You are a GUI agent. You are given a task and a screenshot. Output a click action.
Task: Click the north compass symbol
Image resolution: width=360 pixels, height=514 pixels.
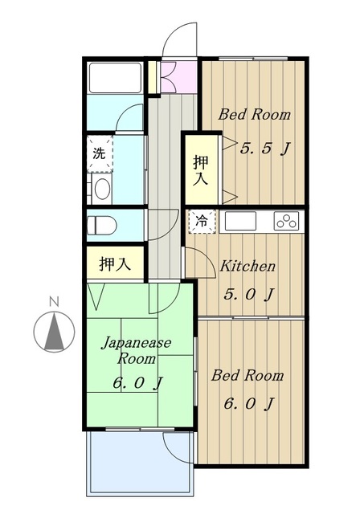pyautogui.click(x=54, y=332)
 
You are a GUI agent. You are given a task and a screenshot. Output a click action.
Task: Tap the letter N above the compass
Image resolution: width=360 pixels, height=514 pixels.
pyautogui.click(x=54, y=301)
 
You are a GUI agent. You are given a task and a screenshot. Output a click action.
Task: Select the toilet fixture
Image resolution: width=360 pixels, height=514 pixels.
pyautogui.click(x=101, y=225)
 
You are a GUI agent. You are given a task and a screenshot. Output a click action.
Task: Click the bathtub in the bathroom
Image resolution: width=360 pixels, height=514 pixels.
pyautogui.click(x=115, y=78)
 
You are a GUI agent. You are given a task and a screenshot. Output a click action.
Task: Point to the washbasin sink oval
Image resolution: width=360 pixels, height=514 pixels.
pyautogui.click(x=102, y=189)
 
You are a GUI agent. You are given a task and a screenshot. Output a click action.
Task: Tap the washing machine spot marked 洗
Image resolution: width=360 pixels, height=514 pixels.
pyautogui.click(x=100, y=153)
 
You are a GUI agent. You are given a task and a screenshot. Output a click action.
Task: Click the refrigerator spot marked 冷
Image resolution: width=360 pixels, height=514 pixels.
pyautogui.click(x=202, y=221)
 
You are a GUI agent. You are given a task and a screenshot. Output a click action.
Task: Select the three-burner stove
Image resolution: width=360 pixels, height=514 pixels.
pyautogui.click(x=287, y=221)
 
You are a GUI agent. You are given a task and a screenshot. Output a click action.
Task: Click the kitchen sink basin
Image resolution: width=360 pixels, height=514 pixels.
pyautogui.click(x=240, y=221)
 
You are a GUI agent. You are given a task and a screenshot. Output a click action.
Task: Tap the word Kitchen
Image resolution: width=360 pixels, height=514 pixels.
pyautogui.click(x=247, y=266)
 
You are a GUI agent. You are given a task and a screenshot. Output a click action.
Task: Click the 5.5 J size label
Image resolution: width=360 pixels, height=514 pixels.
pyautogui.click(x=265, y=149)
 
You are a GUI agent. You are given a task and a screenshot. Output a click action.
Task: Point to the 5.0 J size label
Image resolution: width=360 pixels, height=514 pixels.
pyautogui.click(x=248, y=295)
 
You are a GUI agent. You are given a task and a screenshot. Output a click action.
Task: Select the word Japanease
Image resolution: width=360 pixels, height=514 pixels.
pyautogui.click(x=136, y=343)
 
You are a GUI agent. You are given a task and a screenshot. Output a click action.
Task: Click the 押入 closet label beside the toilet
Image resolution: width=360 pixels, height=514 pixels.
pyautogui.click(x=115, y=263)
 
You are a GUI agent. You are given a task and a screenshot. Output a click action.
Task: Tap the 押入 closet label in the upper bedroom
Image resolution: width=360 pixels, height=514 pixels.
pyautogui.click(x=201, y=170)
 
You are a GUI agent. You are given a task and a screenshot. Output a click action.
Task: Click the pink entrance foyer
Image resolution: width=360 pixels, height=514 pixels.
pyautogui.click(x=178, y=77)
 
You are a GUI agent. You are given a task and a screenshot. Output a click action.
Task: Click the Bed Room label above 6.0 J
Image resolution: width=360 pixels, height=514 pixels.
pyautogui.click(x=247, y=376)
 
